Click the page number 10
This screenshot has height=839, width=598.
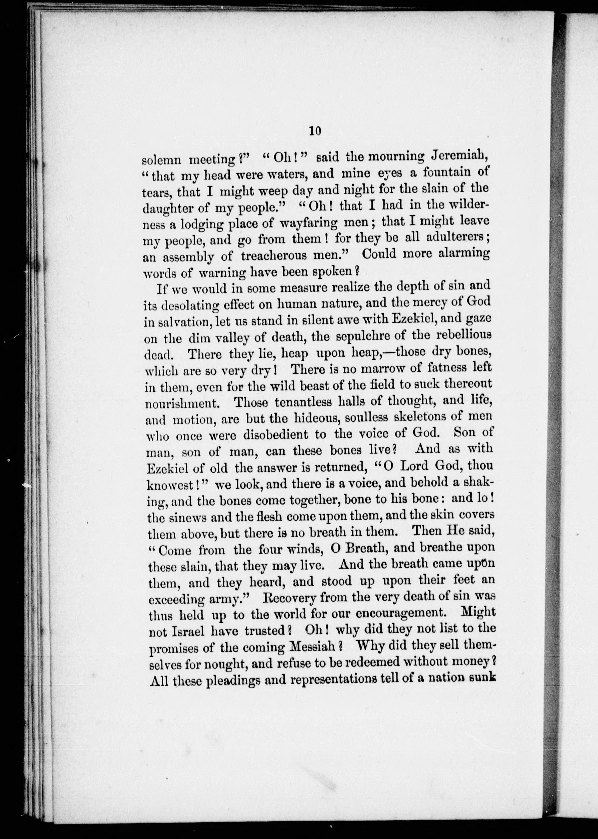point(316,131)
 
